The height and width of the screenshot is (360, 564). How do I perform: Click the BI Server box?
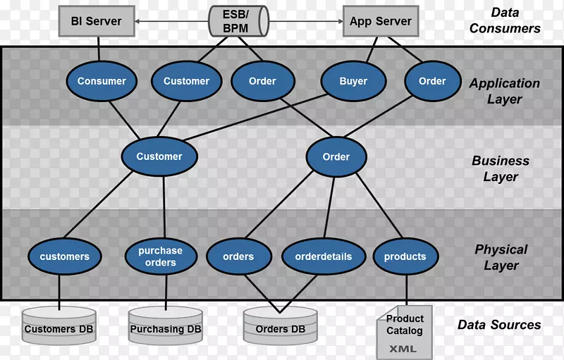97,22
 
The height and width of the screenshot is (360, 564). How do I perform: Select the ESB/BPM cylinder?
238,22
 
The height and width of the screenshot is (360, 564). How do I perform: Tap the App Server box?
380,22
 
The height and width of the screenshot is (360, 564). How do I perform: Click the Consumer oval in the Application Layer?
102,81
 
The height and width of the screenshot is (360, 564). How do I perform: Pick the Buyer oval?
353,81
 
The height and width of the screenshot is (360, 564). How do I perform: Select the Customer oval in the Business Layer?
159,156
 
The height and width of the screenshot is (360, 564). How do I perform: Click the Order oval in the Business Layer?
336,156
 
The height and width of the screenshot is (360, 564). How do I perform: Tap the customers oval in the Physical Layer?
64,256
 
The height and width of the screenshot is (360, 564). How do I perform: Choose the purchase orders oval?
160,256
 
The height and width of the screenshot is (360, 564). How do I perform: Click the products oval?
405,256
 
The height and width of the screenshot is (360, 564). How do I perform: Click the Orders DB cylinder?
280,326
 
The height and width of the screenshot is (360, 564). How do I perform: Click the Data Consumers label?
505,21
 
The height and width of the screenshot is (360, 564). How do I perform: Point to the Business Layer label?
501,169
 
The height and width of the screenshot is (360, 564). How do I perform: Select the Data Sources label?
499,325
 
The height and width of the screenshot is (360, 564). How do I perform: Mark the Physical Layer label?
501,257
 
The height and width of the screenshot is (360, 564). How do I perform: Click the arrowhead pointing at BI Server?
139,22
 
